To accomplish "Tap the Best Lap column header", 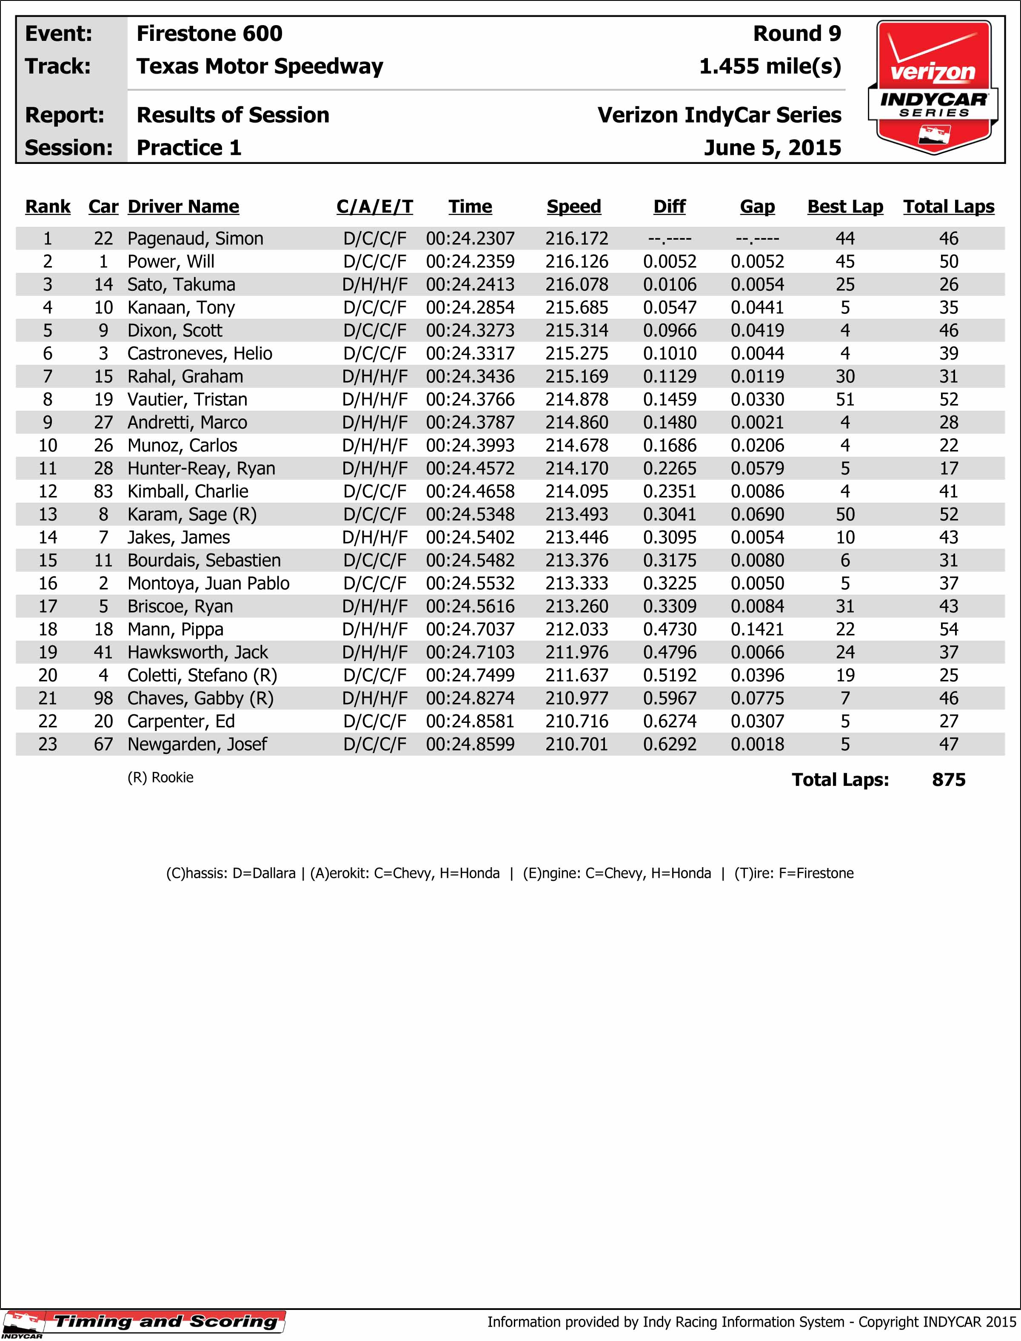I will tap(845, 207).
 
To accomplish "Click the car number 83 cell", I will tap(103, 491).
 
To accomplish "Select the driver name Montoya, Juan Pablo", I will tap(208, 583).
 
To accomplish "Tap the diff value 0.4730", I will tap(669, 630).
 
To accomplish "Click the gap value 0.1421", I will tap(757, 630).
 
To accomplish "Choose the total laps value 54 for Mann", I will tap(948, 630).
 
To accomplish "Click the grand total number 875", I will tap(948, 779).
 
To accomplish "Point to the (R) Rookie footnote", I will tap(160, 777).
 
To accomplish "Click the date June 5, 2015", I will tap(772, 148).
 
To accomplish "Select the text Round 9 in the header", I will tap(797, 34).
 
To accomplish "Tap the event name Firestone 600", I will tap(209, 34).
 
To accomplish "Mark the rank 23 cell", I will tap(47, 745).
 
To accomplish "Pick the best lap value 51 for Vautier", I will tap(845, 400).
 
